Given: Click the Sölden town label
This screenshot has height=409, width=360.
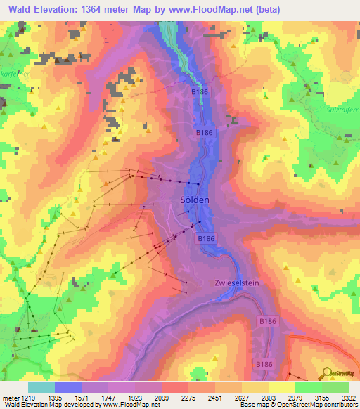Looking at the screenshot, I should pyautogui.click(x=191, y=200).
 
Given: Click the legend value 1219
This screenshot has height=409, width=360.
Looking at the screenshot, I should pyautogui.click(x=30, y=398).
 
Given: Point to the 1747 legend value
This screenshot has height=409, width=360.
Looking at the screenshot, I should pyautogui.click(x=109, y=398).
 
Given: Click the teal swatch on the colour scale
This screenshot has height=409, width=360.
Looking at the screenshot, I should pyautogui.click(x=41, y=387).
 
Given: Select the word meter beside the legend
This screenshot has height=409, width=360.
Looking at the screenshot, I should pyautogui.click(x=10, y=398).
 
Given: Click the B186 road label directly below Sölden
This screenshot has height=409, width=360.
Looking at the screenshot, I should pyautogui.click(x=206, y=239).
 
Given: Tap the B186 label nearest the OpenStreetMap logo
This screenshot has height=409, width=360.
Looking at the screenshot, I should pyautogui.click(x=263, y=365).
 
